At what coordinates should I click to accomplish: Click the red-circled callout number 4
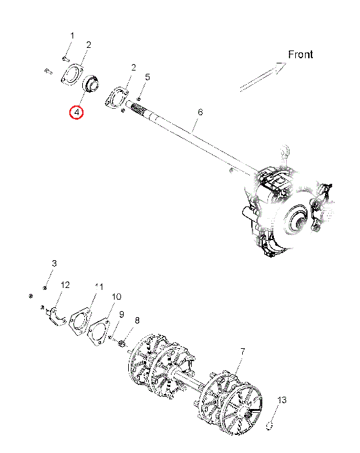pyautogui.click(x=76, y=113)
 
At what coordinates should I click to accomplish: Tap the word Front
pyautogui.click(x=300, y=54)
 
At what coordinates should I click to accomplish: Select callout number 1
pyautogui.click(x=73, y=36)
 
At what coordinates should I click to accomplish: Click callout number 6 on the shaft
pyautogui.click(x=200, y=112)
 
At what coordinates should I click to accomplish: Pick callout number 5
pyautogui.click(x=148, y=77)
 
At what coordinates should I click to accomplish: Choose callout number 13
pyautogui.click(x=282, y=400)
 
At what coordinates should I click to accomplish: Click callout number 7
pyautogui.click(x=243, y=351)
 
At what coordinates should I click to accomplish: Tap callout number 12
pyautogui.click(x=65, y=285)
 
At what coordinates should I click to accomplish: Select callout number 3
pyautogui.click(x=54, y=263)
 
